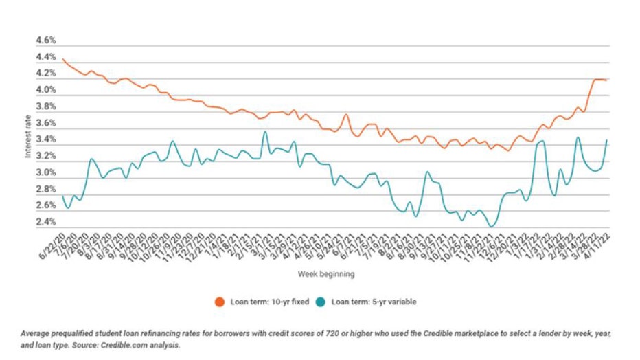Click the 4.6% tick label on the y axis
[45, 41]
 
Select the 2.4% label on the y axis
[45, 223]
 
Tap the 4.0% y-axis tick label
[45, 91]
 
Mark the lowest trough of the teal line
[491, 226]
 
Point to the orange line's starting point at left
[62, 59]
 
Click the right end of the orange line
[606, 80]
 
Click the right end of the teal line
[607, 140]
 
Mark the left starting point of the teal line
[62, 196]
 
